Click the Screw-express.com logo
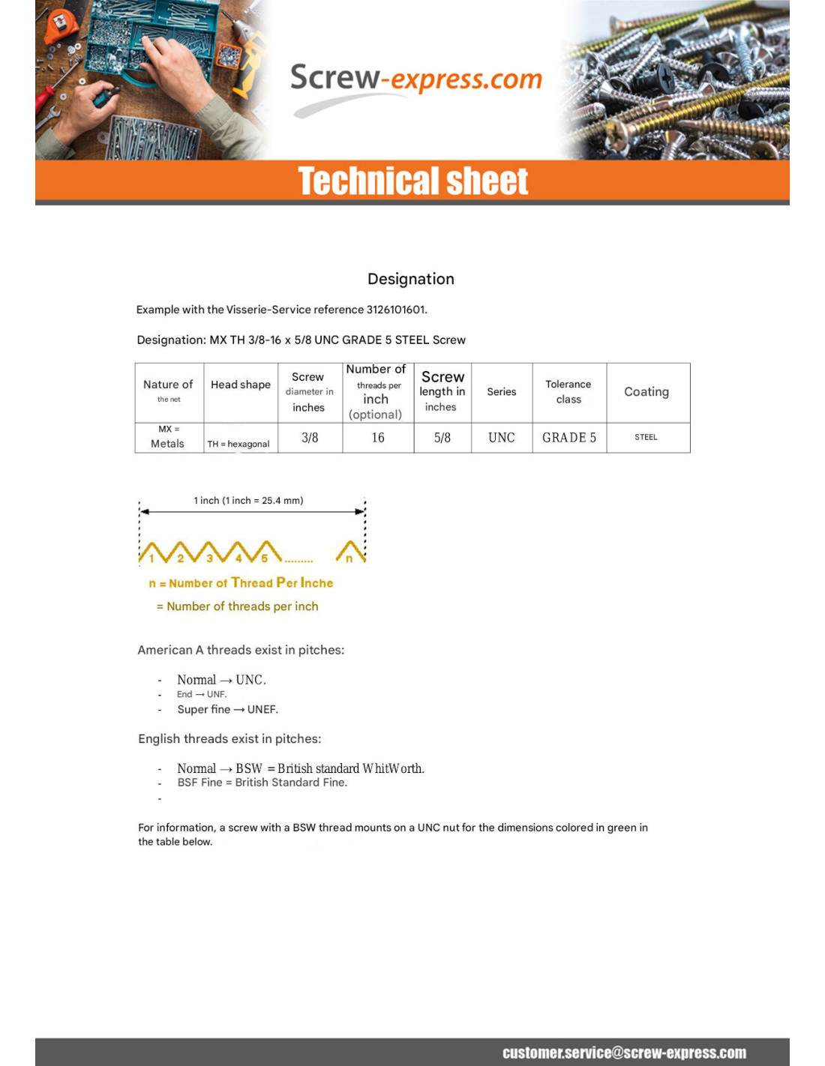pos(415,79)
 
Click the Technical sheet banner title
pos(413,181)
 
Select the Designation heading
pos(411,279)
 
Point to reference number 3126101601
pos(395,310)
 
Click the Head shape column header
pos(241,385)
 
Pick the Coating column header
pos(646,391)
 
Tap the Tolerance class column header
pos(568,391)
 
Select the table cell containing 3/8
pos(310,438)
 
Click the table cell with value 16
pos(378,438)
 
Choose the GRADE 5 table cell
pos(569,438)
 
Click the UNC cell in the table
pos(502,438)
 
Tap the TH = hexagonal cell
pos(238,444)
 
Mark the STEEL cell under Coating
pos(646,437)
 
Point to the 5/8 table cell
pos(442,438)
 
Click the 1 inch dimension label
pos(248,501)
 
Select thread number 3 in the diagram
pos(210,558)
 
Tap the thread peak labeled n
pos(349,558)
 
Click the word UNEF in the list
pos(262,709)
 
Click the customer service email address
pos(624,1053)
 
